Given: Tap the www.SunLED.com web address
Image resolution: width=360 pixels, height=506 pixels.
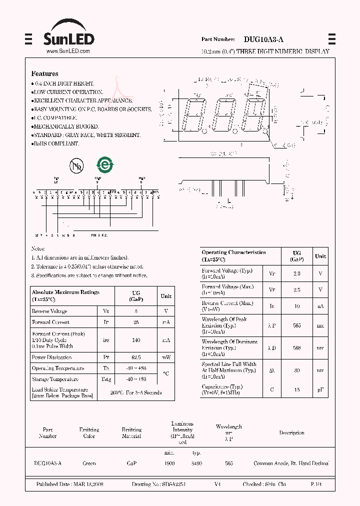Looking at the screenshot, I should click(x=68, y=51).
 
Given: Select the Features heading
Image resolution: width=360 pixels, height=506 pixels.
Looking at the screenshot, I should click(x=44, y=73).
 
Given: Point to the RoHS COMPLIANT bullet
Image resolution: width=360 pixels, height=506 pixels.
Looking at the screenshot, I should click(x=56, y=143).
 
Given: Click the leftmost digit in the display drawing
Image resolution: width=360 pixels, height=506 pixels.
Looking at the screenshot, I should click(x=195, y=114).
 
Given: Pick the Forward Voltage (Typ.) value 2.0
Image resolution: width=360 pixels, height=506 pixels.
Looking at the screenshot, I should click(x=296, y=273).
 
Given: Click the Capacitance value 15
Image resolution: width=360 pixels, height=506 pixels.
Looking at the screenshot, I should click(x=296, y=389).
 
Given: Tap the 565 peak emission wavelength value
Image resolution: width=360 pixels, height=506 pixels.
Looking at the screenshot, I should click(x=296, y=325).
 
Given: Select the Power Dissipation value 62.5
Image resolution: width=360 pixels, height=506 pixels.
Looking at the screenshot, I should click(x=136, y=357).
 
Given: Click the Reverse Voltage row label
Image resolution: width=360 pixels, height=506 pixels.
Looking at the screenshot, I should click(x=50, y=311).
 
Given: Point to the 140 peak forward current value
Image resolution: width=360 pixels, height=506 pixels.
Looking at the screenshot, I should click(x=136, y=340).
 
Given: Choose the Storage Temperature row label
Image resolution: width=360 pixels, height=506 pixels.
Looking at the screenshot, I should click(x=55, y=379).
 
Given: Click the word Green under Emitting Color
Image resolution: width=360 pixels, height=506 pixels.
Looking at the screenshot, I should click(x=89, y=463).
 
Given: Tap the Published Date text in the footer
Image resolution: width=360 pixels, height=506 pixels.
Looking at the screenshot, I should click(x=69, y=484).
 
